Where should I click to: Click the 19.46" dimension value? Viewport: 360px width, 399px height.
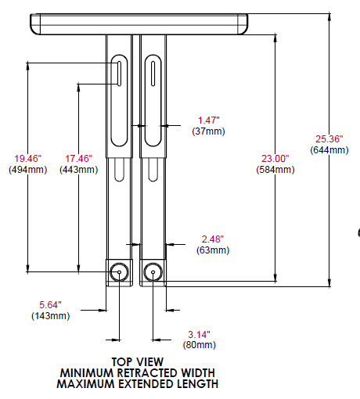click(27, 158)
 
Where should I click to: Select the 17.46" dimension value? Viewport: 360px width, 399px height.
click(79, 158)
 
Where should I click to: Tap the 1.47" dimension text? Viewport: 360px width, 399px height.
click(208, 120)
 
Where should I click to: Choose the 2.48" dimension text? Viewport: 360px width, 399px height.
click(211, 239)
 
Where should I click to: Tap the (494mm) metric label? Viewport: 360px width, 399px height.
click(27, 169)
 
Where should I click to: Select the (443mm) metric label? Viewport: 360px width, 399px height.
click(79, 169)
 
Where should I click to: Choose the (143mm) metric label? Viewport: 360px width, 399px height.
click(50, 316)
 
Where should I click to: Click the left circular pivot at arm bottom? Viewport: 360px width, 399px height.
click(119, 272)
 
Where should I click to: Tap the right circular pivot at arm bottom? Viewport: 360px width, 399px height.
click(152, 272)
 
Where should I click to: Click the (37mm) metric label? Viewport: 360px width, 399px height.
click(208, 131)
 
